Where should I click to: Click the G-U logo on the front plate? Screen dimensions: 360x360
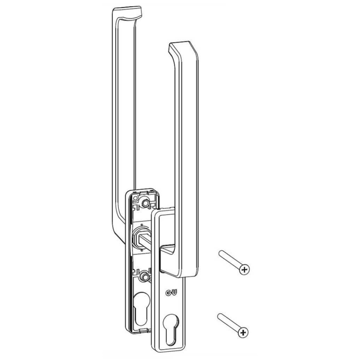click(x=171, y=293)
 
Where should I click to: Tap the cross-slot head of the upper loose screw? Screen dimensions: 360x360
click(x=244, y=269)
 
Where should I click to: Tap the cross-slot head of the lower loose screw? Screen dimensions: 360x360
click(x=243, y=332)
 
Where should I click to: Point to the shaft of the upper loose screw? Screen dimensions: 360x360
click(x=230, y=259)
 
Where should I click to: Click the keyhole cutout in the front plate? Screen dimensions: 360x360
click(x=171, y=330)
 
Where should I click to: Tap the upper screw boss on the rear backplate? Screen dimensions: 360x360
click(x=145, y=203)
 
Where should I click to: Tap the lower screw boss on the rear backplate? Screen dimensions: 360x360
click(x=145, y=276)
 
